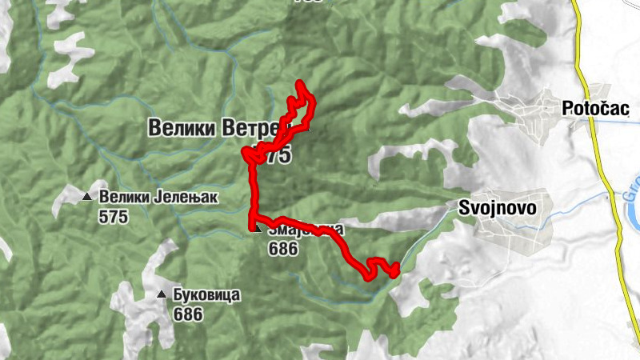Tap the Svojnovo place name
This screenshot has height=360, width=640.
496,207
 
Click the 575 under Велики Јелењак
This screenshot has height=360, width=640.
114,216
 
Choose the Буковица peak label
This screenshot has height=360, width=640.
206,294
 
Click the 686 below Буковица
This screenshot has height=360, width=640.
187,314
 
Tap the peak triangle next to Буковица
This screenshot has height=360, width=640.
162,294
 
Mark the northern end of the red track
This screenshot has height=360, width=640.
299,82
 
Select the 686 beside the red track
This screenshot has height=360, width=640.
283,249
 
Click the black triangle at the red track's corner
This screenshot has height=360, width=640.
256,228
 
